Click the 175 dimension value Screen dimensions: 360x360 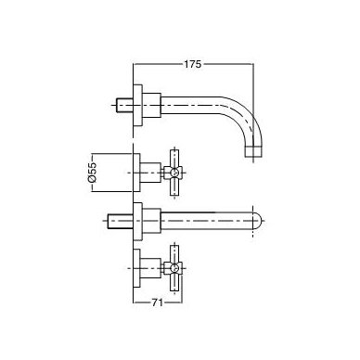click(x=193, y=64)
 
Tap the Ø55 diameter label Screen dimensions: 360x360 click(x=93, y=173)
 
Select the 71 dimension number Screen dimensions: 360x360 click(x=157, y=302)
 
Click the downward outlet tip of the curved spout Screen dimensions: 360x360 click(x=253, y=152)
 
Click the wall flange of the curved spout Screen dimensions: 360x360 click(x=137, y=105)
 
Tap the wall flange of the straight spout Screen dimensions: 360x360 click(x=137, y=221)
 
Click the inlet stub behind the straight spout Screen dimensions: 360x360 click(x=121, y=221)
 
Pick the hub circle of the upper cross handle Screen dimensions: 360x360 click(x=174, y=173)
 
